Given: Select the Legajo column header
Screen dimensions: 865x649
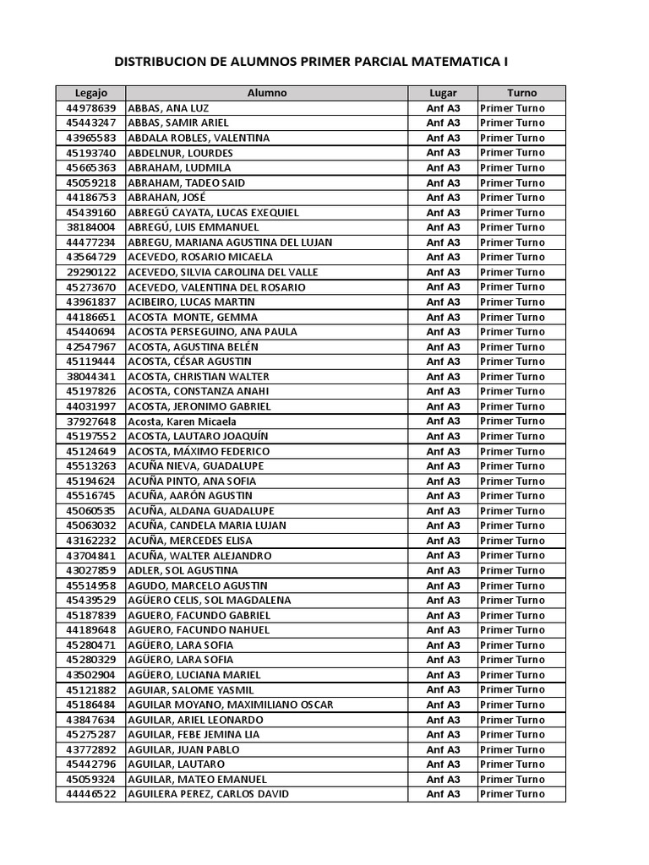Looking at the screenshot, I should tap(90, 93).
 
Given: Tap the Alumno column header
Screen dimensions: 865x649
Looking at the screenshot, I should tap(266, 93).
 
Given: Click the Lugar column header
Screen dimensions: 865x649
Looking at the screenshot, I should tap(443, 93).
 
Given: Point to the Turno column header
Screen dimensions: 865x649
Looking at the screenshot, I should tap(521, 93).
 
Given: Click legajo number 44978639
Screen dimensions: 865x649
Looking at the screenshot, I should tap(90, 108).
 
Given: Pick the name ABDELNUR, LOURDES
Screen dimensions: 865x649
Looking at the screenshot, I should tap(180, 153).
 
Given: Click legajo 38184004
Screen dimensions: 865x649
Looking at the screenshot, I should tap(90, 227).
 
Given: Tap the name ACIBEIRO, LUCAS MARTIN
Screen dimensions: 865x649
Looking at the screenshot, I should tap(191, 302).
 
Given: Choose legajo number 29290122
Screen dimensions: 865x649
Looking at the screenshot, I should tap(90, 272).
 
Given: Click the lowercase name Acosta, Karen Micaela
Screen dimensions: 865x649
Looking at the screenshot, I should tap(182, 422).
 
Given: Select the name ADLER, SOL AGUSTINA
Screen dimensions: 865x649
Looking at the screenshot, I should tap(183, 570).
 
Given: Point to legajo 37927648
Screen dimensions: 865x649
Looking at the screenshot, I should tap(90, 422).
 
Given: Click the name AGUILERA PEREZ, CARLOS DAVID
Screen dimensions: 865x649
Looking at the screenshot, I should tap(208, 794).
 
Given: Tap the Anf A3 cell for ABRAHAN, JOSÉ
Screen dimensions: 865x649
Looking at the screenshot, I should tap(443, 198).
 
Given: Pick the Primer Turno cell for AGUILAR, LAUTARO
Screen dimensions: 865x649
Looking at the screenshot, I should tap(512, 764).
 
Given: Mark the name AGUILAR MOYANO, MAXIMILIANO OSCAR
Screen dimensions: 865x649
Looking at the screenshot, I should tap(230, 705).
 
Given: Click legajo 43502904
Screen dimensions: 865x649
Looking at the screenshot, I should tap(90, 675).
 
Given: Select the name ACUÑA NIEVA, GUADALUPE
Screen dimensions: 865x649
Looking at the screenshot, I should tap(195, 466).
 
